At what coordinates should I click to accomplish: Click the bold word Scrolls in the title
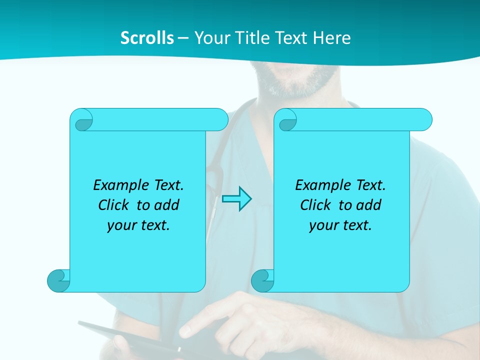coord(147,37)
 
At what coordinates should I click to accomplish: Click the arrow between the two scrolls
coord(236,199)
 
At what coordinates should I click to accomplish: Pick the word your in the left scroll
coord(121,225)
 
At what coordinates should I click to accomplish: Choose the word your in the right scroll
coord(323,225)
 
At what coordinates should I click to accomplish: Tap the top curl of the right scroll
coord(287,120)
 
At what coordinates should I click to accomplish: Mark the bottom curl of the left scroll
coord(58,280)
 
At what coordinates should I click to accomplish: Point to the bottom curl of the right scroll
coord(262,280)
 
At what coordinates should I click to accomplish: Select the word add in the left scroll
coord(167,205)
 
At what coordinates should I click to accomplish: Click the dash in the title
coord(183,38)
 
